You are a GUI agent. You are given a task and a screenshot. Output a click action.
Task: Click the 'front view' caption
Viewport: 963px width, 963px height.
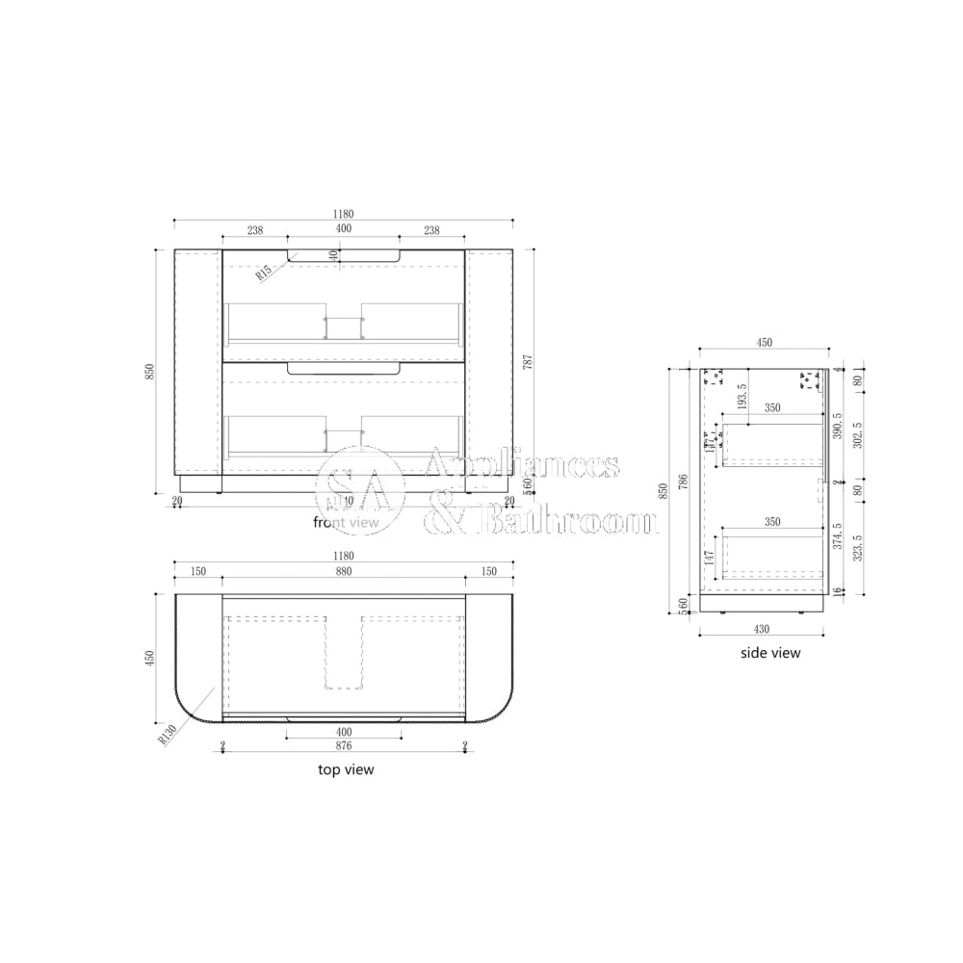click(x=347, y=522)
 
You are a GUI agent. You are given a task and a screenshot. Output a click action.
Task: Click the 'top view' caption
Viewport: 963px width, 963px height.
click(x=346, y=769)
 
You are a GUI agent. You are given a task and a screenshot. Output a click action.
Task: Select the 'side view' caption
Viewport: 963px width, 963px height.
click(x=769, y=652)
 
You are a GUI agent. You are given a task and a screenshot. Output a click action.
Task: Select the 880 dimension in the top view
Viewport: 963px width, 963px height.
click(x=343, y=571)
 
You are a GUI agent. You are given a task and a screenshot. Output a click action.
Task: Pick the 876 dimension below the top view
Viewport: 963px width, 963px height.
click(x=343, y=745)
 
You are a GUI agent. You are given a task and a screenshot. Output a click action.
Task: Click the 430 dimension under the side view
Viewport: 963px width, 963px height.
click(x=761, y=629)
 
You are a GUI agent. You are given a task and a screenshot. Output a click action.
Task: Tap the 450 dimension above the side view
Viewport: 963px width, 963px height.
click(x=764, y=343)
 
